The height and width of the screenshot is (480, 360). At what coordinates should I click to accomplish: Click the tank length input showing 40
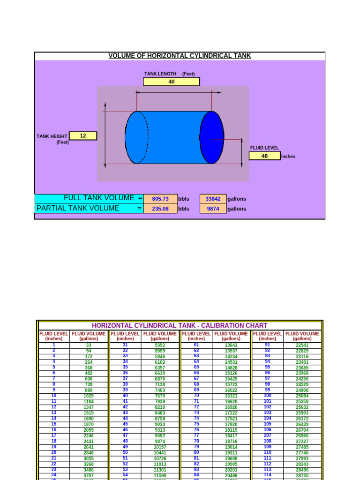point(171,82)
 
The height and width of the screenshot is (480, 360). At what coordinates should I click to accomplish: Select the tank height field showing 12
point(83,136)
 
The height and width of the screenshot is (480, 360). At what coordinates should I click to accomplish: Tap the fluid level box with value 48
point(264,156)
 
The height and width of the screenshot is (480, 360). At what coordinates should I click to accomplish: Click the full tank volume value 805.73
point(160,199)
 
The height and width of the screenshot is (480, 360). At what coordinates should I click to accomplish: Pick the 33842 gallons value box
point(213,199)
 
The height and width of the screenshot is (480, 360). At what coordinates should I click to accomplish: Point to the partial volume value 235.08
point(160,209)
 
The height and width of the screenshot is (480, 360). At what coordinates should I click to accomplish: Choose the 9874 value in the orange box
point(213,209)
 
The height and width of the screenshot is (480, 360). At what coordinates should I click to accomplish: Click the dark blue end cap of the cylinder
point(212,137)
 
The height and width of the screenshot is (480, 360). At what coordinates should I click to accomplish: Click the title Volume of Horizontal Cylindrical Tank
point(180,56)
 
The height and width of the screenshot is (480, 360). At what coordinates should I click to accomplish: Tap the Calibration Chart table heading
point(180,325)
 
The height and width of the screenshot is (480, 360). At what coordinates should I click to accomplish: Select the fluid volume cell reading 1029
point(89,396)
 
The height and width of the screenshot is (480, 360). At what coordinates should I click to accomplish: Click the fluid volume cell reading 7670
point(160,396)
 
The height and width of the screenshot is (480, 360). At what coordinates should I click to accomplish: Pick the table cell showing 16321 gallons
point(231,396)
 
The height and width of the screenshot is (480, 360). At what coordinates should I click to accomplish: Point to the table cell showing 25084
point(302,396)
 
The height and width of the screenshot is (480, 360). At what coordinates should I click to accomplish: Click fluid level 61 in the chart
point(196,345)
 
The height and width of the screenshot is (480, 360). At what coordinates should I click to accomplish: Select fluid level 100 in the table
point(268,396)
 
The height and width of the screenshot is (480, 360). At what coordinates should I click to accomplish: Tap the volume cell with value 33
point(89,345)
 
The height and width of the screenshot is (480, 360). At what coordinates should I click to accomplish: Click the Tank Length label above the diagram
point(160,74)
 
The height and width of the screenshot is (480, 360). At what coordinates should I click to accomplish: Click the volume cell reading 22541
point(302,345)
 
